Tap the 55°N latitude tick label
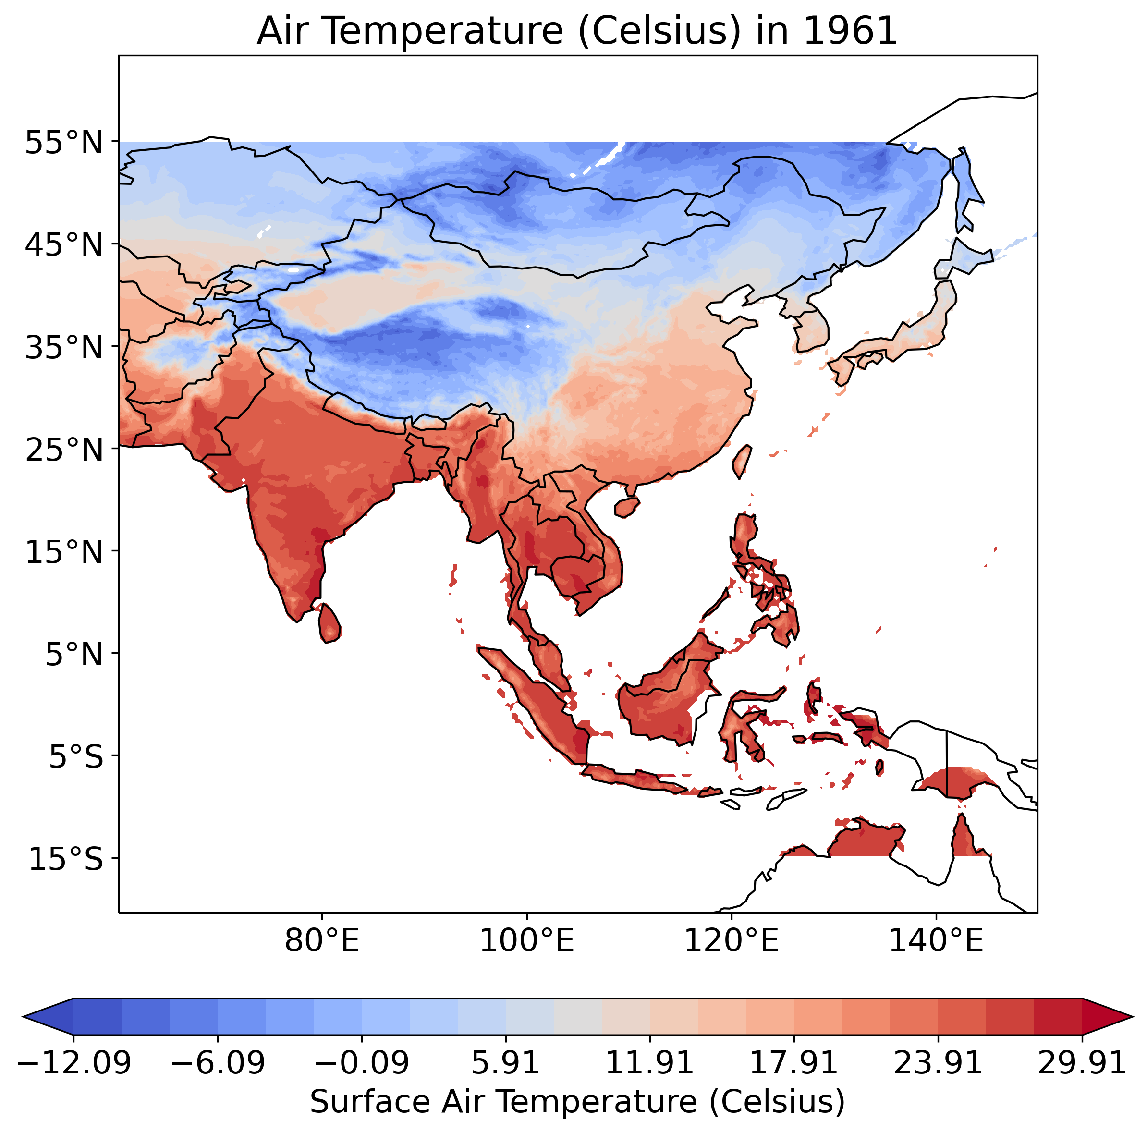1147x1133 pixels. pyautogui.click(x=64, y=143)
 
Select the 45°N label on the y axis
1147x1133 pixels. pyautogui.click(x=64, y=245)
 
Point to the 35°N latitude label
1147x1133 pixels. pyautogui.click(x=64, y=347)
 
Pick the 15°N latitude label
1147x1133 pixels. pyautogui.click(x=64, y=552)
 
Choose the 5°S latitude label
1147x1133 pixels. pyautogui.click(x=75, y=757)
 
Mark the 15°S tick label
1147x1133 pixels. pyautogui.click(x=66, y=859)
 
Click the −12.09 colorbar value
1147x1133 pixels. pyautogui.click(x=73, y=1062)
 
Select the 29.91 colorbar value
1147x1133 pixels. pyautogui.click(x=1082, y=1062)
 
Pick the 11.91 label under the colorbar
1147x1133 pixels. pyautogui.click(x=649, y=1062)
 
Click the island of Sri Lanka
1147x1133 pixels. pyautogui.click(x=329, y=623)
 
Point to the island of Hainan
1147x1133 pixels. pyautogui.click(x=627, y=506)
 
